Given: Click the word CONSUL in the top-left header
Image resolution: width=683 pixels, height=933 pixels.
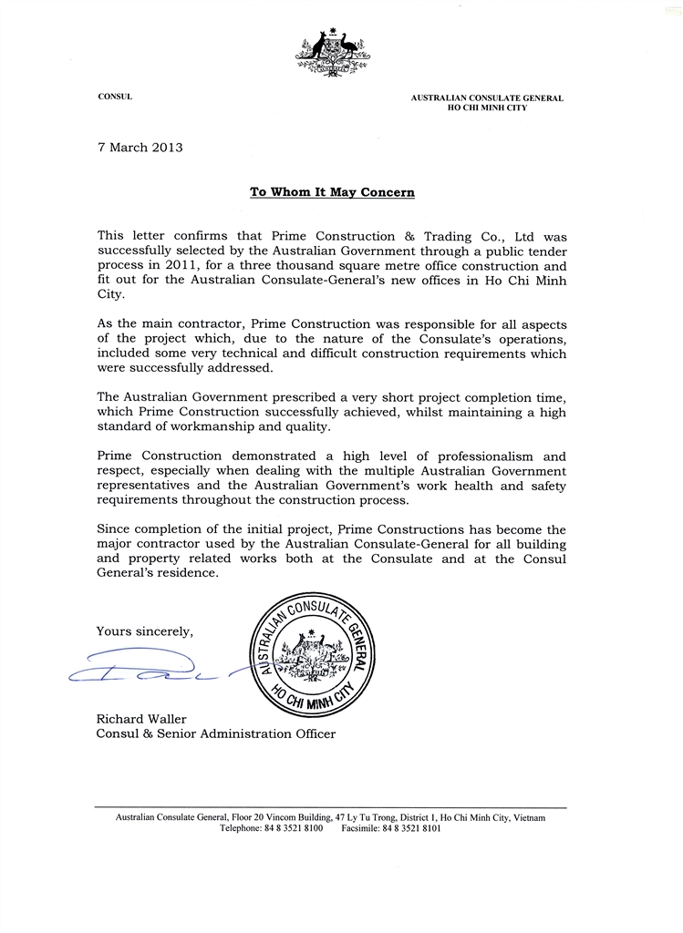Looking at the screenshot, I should pos(115,97).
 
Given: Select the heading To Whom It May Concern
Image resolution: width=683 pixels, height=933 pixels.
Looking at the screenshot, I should pos(332,192).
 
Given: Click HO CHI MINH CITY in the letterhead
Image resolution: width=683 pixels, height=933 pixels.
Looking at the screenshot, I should pos(486,108).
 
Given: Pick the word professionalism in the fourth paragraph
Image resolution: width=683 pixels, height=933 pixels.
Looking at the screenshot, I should pos(492,456).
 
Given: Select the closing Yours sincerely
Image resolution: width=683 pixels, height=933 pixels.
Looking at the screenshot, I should pos(145,631).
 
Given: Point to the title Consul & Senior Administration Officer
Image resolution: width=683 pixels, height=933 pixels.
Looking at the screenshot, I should pos(215,733).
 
